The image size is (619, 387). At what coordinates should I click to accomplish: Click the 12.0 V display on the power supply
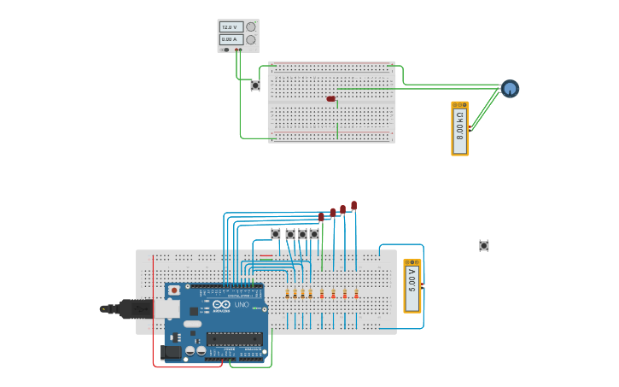(x=229, y=27)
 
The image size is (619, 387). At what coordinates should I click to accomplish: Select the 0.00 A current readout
(x=229, y=39)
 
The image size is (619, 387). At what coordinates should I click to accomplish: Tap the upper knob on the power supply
(x=251, y=27)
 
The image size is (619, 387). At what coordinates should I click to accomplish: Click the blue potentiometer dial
(x=510, y=88)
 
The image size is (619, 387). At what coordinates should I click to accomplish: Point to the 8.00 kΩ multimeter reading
(x=460, y=128)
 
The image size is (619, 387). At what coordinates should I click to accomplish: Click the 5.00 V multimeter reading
(x=412, y=284)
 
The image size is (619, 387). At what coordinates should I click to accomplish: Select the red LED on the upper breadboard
(x=331, y=99)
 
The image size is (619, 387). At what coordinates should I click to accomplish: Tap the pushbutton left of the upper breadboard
(x=255, y=85)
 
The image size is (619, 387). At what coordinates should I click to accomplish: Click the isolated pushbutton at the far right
(x=484, y=246)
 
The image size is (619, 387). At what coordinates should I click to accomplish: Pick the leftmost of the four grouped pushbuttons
(x=276, y=234)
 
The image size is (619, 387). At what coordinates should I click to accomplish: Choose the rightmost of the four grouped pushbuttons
(x=314, y=234)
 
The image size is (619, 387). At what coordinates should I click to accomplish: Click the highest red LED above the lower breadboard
(x=353, y=205)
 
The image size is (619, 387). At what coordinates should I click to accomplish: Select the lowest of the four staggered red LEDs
(x=322, y=217)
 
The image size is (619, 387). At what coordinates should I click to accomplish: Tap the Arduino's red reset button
(x=174, y=290)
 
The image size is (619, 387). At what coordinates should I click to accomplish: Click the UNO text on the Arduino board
(x=241, y=305)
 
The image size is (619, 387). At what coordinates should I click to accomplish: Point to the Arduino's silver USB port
(x=167, y=308)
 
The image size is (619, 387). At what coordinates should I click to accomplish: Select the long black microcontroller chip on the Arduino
(x=233, y=339)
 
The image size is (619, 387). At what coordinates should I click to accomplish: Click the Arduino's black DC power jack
(x=172, y=351)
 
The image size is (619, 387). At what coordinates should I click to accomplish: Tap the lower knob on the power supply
(x=251, y=39)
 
